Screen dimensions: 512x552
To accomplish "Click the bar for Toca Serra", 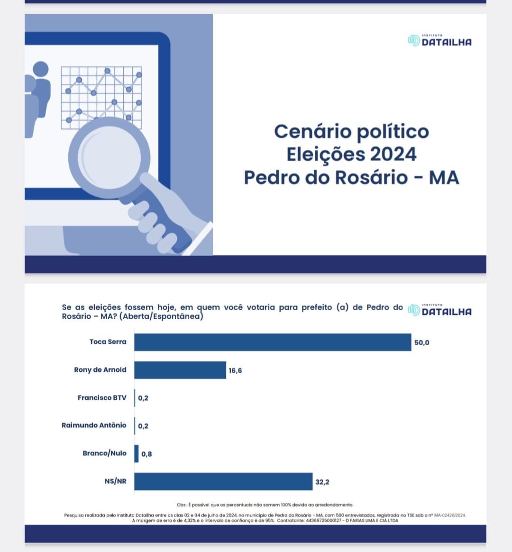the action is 273,342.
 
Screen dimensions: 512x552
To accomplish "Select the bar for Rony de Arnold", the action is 180,370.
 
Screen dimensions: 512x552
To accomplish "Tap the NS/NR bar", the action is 223,481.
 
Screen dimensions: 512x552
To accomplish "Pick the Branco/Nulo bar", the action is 137,453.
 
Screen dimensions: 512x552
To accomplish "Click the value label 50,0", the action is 421,342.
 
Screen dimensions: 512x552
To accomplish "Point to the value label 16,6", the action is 235,370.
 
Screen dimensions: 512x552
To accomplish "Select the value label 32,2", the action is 322,482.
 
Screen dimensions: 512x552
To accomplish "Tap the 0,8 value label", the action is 146,454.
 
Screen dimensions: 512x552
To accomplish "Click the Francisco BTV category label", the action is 102,397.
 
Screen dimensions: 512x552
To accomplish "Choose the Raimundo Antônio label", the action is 94,425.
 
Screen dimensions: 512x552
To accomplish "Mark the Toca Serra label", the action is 108,341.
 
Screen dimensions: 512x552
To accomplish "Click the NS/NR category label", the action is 115,481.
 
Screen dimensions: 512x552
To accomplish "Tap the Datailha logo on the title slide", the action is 439,41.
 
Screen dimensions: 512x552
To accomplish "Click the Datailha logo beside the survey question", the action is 439,311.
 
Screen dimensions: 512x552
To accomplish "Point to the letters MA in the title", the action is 444,177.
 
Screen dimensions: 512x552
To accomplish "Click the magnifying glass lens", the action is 110,157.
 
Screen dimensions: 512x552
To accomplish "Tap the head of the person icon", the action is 40,69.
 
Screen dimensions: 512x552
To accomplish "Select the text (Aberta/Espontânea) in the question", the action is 161,316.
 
